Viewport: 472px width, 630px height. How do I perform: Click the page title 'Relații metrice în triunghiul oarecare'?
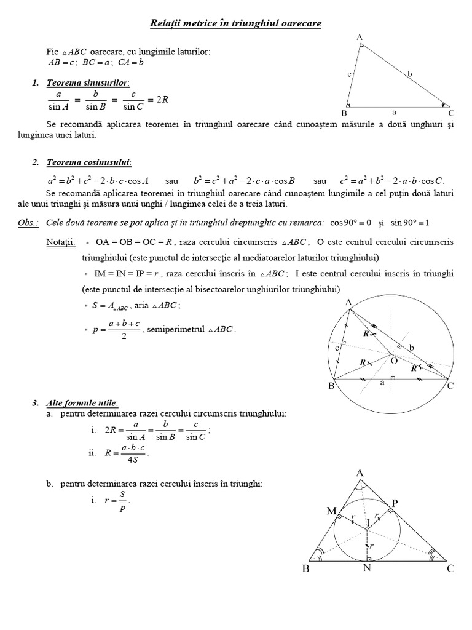click(x=236, y=23)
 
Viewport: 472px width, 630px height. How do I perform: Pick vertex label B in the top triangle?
click(x=344, y=113)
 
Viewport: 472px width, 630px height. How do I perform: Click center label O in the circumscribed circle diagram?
click(x=394, y=361)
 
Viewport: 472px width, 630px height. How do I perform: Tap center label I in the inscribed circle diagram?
click(x=368, y=522)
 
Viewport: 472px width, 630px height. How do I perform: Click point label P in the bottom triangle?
click(x=395, y=503)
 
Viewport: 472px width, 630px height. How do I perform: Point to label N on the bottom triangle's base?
click(x=367, y=568)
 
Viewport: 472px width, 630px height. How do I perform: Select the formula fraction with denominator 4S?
click(x=133, y=453)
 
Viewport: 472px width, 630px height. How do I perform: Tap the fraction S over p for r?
click(x=122, y=501)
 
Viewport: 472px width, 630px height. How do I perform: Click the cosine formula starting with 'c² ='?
click(x=391, y=181)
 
